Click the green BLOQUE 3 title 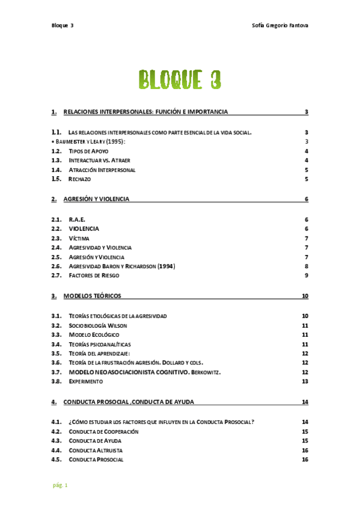click(179, 79)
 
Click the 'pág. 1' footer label click(59, 485)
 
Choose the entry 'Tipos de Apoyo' click(88, 151)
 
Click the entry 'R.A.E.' click(77, 220)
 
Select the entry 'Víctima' click(79, 238)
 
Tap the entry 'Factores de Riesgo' click(94, 275)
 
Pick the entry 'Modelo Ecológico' click(94, 334)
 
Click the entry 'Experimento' click(86, 381)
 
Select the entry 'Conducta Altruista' click(96, 450)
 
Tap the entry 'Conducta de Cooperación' click(104, 431)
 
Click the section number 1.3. click(56, 161)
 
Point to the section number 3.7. click(56, 372)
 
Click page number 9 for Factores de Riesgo click(307, 275)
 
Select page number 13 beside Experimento click(305, 381)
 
